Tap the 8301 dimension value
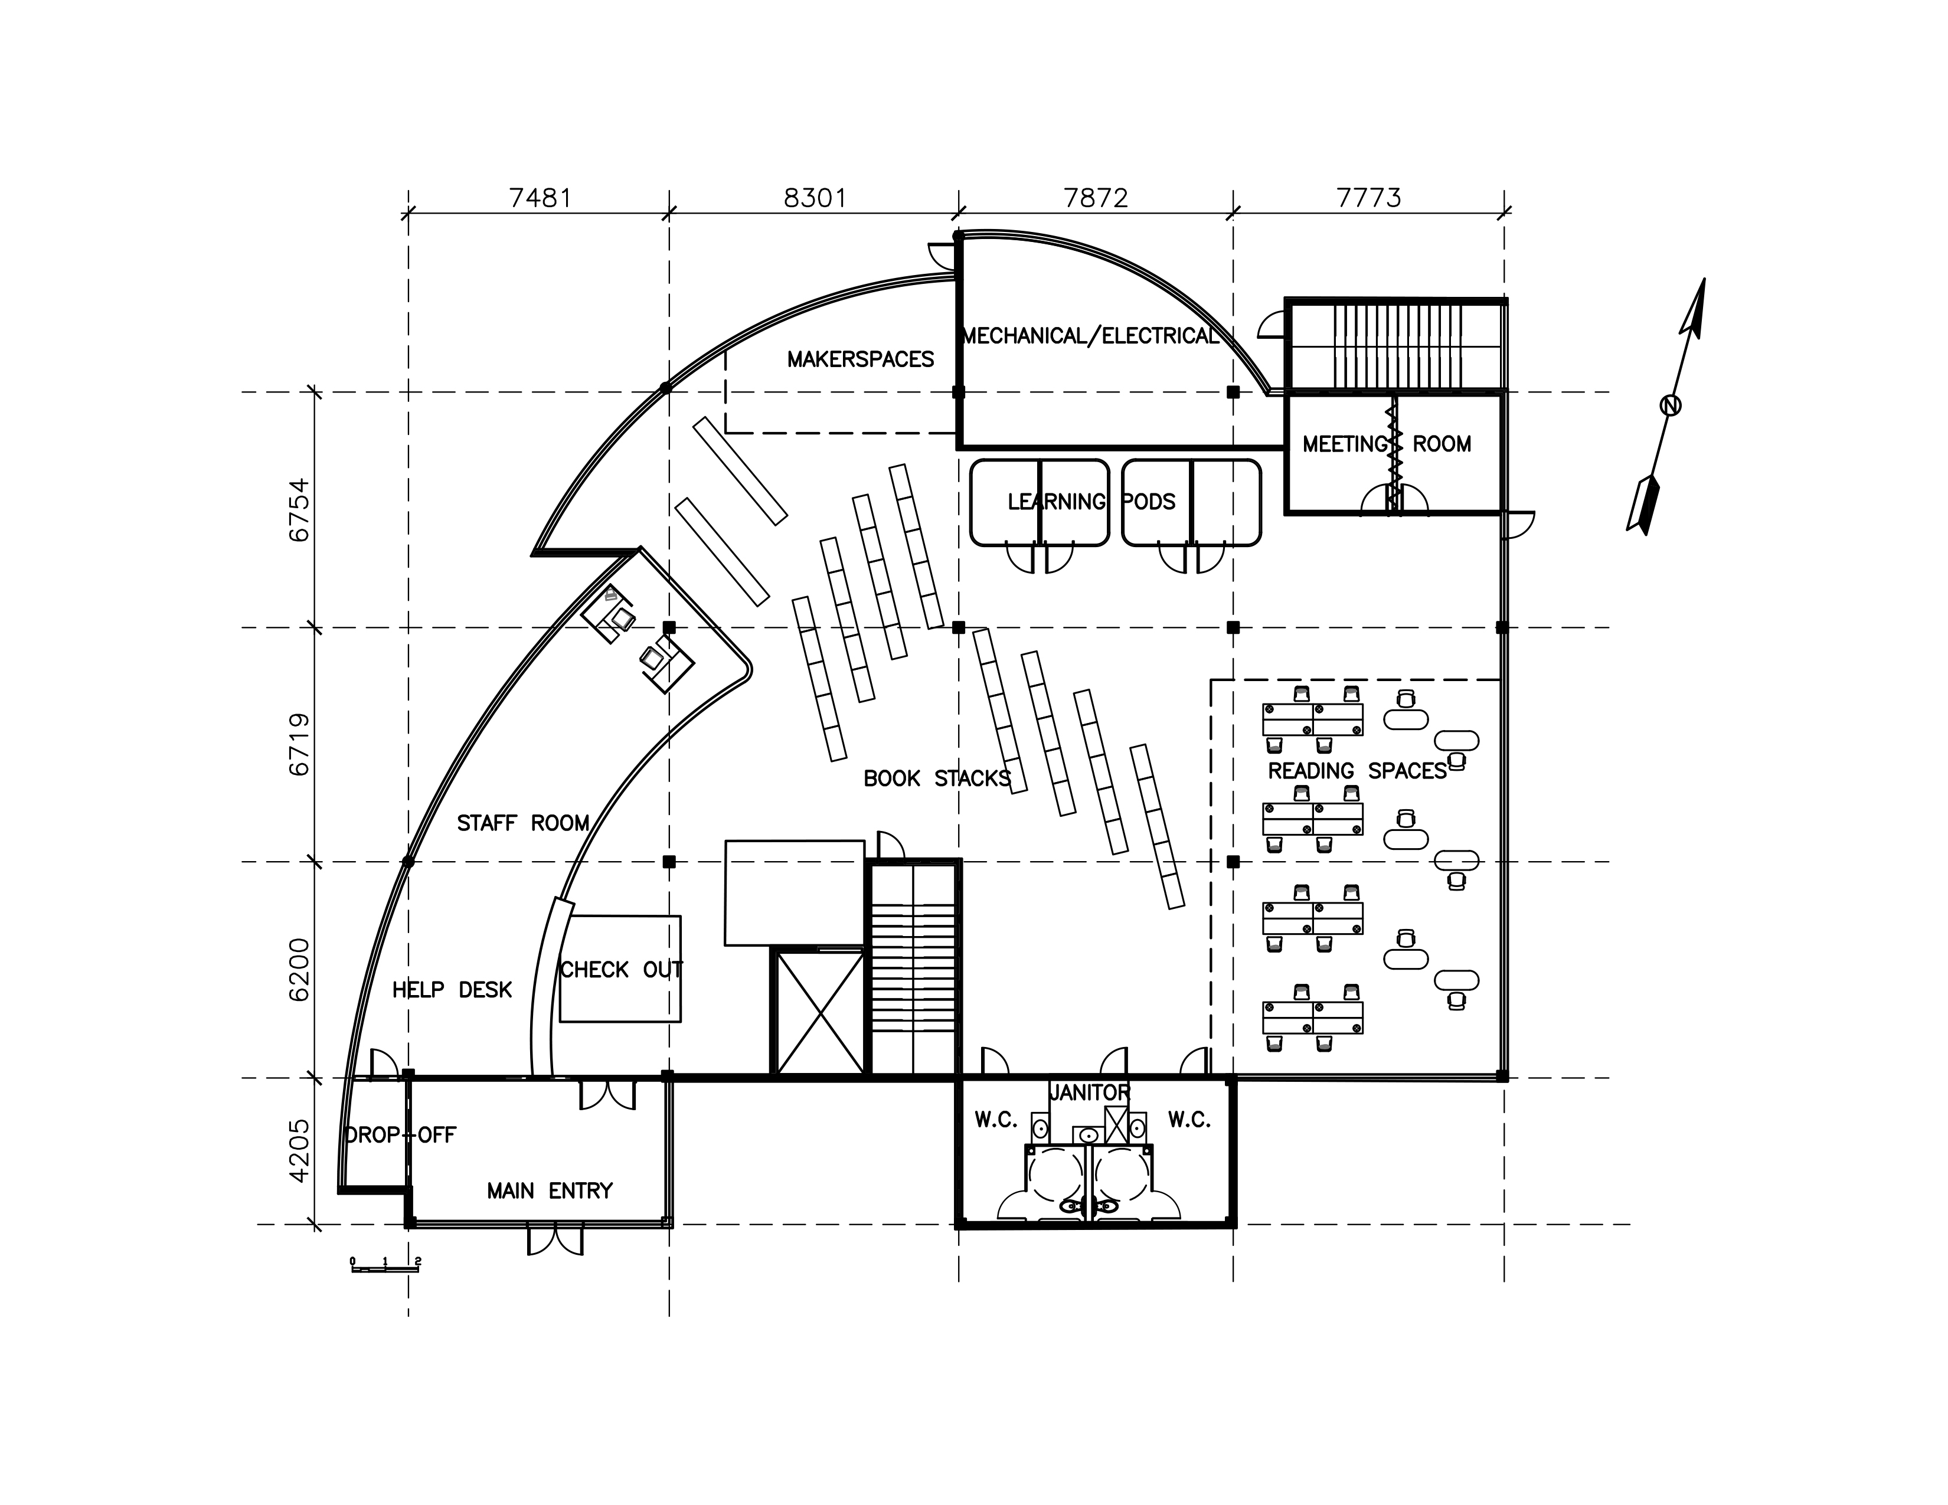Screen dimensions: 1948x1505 [815, 197]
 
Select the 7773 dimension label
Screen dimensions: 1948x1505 [1369, 197]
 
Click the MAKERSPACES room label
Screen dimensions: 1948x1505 [861, 359]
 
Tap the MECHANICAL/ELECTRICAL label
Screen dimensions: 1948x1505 [1090, 336]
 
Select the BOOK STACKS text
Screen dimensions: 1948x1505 [937, 778]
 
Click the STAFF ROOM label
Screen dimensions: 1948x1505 [524, 823]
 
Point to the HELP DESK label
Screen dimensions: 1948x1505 [452, 990]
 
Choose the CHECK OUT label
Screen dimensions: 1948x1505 [621, 969]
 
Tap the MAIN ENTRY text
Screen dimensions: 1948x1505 [550, 1191]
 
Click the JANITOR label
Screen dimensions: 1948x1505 [1089, 1092]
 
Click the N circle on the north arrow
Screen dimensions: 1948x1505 [1671, 405]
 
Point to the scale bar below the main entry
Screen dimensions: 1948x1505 [385, 1265]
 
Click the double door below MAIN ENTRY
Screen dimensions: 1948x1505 [555, 1240]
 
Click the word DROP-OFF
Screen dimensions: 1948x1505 [400, 1135]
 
